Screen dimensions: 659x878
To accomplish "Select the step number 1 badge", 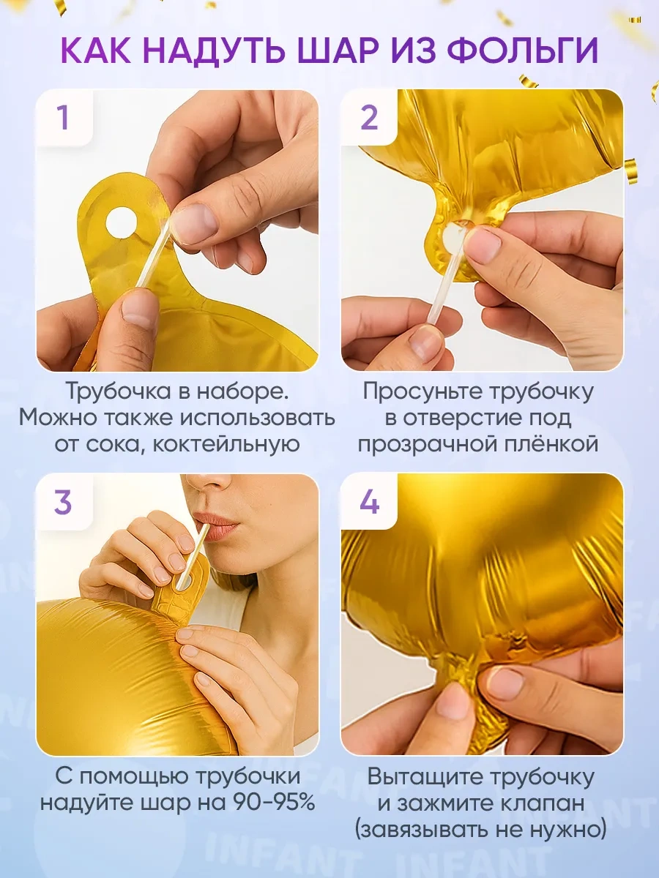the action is click(63, 118).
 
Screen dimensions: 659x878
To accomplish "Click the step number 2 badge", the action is click(369, 118).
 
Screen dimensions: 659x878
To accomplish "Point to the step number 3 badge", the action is click(63, 503).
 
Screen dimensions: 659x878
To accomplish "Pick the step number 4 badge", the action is click(369, 503).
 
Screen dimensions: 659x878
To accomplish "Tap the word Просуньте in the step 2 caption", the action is click(420, 392).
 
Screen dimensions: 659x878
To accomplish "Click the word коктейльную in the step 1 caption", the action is click(226, 444).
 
